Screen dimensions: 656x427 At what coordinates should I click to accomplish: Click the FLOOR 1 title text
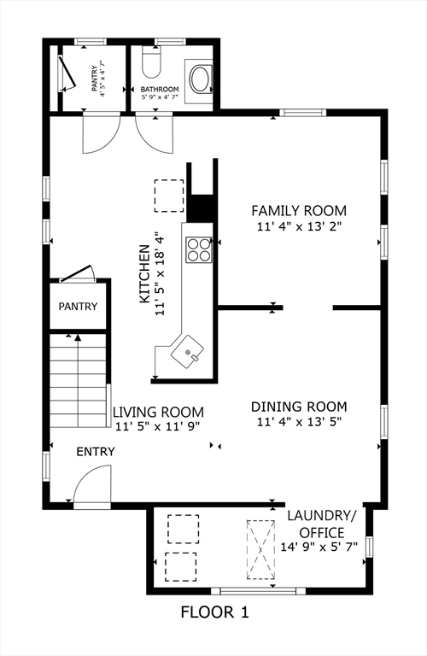point(213,612)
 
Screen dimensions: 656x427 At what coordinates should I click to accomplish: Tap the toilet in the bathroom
point(151,63)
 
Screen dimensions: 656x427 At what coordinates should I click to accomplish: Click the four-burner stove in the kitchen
point(199,248)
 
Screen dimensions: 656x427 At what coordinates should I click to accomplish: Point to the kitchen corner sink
point(185,351)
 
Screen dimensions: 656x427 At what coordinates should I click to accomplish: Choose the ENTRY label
point(95,452)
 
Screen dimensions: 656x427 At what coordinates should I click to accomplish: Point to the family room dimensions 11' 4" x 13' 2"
point(298,227)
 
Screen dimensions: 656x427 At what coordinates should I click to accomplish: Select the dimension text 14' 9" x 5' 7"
point(321,547)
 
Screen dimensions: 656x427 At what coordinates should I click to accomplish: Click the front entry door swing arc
point(91,490)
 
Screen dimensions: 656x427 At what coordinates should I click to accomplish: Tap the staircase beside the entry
point(79,380)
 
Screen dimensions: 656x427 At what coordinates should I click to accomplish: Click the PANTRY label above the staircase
point(78,307)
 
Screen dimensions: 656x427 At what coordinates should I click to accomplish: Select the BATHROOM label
point(160,90)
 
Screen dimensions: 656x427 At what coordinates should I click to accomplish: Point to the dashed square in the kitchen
point(168,195)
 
